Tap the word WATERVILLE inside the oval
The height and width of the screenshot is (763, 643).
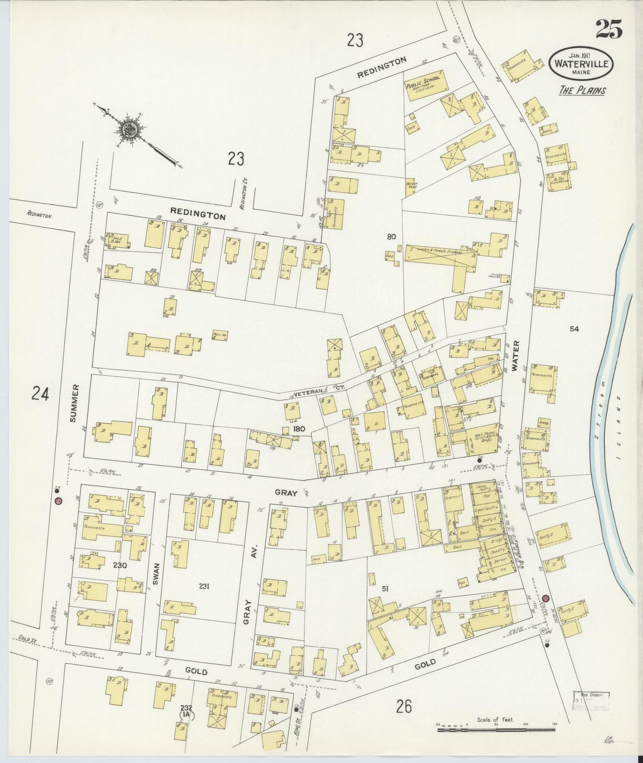tap(581, 63)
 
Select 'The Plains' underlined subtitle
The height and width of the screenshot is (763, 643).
tap(582, 90)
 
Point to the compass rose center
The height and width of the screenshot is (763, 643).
tap(130, 130)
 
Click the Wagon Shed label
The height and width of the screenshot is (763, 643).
tap(410, 184)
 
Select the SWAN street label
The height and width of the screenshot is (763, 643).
tap(156, 572)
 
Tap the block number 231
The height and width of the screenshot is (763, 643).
tap(204, 586)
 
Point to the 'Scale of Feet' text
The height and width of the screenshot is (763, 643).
tap(495, 719)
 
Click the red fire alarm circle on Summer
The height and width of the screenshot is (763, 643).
tap(58, 501)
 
